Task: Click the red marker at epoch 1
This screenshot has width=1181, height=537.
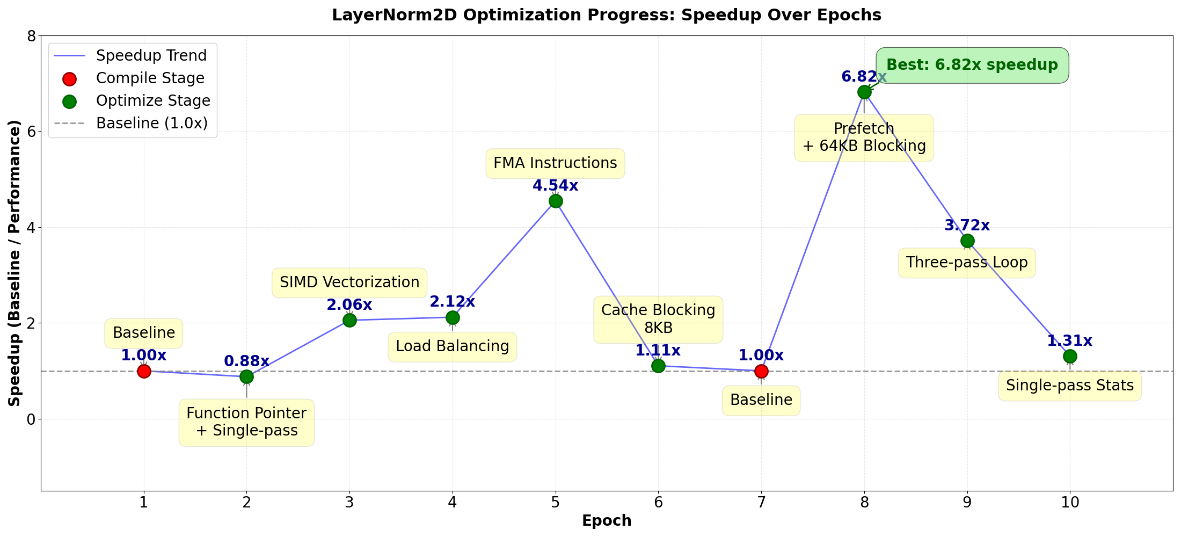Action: [144, 371]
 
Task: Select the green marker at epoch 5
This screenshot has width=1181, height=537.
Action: [556, 201]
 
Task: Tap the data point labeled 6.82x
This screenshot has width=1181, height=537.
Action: [864, 92]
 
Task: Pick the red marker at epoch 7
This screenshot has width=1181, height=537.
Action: [761, 371]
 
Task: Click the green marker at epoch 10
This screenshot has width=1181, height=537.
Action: [1070, 356]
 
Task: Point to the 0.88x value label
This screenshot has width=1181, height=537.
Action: [246, 361]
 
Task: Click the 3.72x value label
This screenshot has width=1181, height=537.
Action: [967, 226]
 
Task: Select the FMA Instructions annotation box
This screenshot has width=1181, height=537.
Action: [555, 163]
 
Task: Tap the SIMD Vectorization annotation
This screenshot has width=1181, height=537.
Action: [349, 282]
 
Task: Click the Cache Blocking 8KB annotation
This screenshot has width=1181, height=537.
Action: [658, 319]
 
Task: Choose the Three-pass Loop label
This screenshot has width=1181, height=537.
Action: [967, 263]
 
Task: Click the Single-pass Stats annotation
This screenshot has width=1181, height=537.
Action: [1070, 386]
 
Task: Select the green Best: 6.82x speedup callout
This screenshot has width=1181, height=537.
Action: [972, 65]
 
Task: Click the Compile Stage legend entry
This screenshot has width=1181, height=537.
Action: [150, 78]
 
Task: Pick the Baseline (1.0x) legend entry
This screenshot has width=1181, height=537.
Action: [151, 124]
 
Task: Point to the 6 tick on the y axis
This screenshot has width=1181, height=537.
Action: [31, 132]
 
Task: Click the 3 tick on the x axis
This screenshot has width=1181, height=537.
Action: [349, 503]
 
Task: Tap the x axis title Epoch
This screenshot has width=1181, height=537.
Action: [607, 521]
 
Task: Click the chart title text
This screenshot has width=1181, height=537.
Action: [607, 15]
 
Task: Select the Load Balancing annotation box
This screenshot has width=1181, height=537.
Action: [453, 346]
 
